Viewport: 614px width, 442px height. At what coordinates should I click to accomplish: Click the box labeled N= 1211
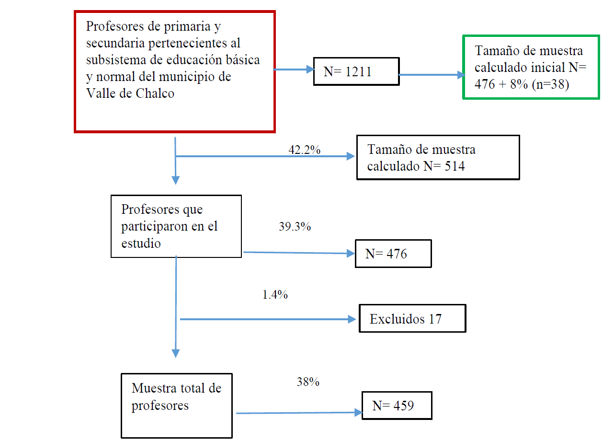coord(356,71)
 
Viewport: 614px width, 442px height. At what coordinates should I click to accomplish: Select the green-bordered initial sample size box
coord(531,67)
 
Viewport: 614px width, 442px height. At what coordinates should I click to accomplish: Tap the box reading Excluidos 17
coord(412,318)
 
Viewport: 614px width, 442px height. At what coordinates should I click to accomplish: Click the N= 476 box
coord(393,254)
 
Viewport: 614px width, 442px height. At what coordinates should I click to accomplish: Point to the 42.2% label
coord(305,150)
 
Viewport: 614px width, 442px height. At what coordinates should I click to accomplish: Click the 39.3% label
coord(295,227)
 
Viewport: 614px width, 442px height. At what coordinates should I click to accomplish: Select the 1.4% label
coord(275,295)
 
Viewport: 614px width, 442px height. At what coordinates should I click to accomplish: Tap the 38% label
coord(308,382)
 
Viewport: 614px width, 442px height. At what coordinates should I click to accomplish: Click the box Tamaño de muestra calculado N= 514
coord(438,157)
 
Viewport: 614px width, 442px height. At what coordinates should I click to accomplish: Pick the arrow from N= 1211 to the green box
coord(431,75)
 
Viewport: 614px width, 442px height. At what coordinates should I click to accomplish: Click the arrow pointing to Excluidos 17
coord(268,319)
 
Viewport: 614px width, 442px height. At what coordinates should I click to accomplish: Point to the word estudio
coord(141,243)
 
